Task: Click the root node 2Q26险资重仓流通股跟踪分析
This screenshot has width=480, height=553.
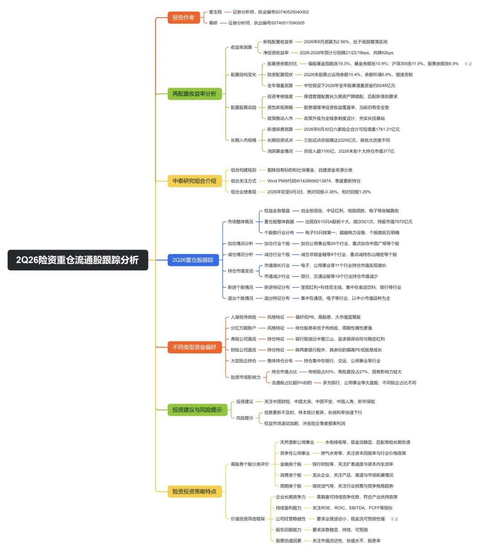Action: [77, 260]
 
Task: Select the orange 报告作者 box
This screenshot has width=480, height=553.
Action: [184, 18]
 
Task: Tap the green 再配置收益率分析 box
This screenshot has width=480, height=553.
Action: [195, 94]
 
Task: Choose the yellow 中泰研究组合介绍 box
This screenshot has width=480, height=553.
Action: [195, 181]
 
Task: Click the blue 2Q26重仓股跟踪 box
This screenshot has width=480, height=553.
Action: [193, 260]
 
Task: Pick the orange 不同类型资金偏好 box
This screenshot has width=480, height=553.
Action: [195, 347]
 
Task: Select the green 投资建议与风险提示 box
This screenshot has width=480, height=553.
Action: [197, 409]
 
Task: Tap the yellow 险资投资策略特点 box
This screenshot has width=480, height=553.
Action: [195, 491]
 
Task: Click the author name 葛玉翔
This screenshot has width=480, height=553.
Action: [215, 12]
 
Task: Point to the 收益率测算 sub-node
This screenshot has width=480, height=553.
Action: [241, 47]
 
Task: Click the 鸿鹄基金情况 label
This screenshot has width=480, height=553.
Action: [280, 151]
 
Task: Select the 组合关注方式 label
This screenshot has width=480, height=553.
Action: [243, 181]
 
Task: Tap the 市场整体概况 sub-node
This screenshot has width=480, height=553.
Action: [240, 222]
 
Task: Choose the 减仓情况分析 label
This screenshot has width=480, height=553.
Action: [240, 254]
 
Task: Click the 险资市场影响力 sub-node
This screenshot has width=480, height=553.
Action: [245, 377]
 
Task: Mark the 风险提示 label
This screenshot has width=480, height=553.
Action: [244, 418]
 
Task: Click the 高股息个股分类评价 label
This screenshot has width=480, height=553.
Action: [250, 464]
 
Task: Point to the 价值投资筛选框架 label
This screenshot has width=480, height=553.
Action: [248, 519]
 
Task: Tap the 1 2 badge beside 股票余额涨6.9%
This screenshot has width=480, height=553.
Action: [468, 64]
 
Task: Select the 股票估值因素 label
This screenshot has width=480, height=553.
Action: [288, 541]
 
